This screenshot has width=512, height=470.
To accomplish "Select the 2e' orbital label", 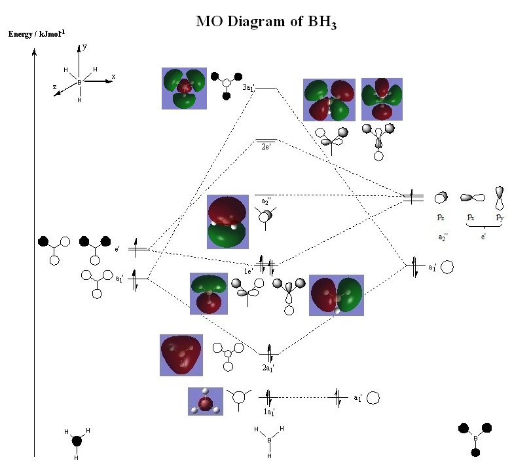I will [x=266, y=147].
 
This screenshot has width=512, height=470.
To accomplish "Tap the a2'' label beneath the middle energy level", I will [x=266, y=201].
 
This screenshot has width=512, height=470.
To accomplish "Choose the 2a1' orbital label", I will [x=268, y=368].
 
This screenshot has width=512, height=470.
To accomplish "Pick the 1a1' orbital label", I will [x=269, y=412].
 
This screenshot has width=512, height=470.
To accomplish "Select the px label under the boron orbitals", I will [x=470, y=216].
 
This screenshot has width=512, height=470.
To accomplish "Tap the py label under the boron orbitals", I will [x=500, y=216].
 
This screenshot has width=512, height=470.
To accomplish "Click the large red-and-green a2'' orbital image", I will [x=228, y=222].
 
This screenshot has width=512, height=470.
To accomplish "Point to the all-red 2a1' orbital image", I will [x=181, y=355].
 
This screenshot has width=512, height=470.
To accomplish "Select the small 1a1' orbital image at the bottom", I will [x=206, y=401].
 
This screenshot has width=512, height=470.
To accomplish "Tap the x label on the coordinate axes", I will [x=113, y=76].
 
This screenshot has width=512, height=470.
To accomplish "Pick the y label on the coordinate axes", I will [x=84, y=47].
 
